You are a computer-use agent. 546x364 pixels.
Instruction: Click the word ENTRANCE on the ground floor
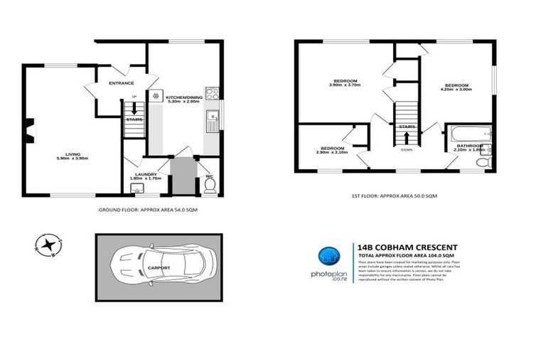(122, 83)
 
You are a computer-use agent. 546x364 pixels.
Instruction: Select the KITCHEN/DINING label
(183, 97)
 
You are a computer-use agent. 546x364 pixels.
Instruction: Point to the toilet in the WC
(210, 186)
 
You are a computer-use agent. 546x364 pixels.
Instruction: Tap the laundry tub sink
(137, 188)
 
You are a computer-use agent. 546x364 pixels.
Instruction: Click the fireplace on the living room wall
(28, 128)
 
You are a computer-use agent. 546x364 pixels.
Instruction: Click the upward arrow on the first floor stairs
(406, 134)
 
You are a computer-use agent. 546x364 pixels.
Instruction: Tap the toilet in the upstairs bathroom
(482, 164)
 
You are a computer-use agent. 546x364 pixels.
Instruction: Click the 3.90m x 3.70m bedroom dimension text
(345, 85)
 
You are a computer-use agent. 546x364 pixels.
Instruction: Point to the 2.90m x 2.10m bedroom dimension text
(332, 152)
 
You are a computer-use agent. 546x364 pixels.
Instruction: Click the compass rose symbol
(48, 245)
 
